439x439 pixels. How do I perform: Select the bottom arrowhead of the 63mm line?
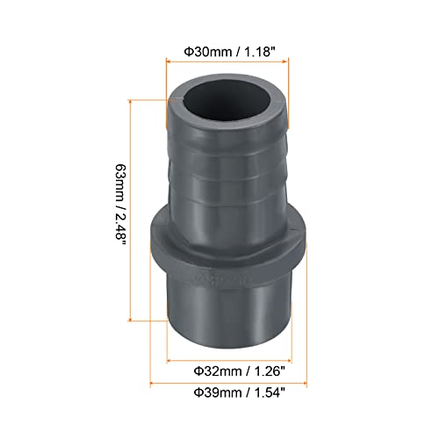132,320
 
